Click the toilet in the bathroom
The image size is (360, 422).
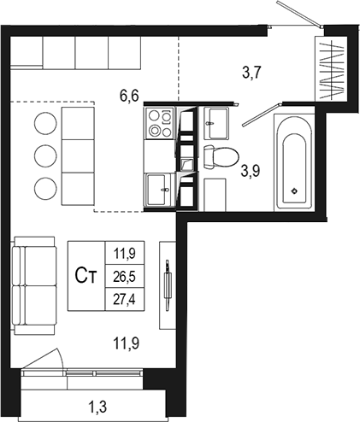click(x=221, y=157)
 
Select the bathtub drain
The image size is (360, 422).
click(x=295, y=191)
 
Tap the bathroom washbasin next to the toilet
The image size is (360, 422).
click(x=216, y=123)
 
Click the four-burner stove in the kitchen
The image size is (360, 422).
click(x=160, y=123)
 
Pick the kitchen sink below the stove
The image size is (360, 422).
click(x=158, y=190)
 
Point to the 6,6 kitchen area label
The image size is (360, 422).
click(x=129, y=96)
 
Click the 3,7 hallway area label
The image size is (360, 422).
click(x=251, y=73)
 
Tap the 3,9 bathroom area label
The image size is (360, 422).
click(x=251, y=171)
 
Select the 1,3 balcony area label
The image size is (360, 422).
click(x=97, y=407)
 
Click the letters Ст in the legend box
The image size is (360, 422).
click(x=86, y=276)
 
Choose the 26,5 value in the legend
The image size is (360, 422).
click(x=125, y=277)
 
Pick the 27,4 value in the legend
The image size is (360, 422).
click(x=125, y=300)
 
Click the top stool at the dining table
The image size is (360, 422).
click(x=45, y=123)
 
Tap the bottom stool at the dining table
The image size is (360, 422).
click(x=45, y=189)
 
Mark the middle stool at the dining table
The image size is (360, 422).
click(x=45, y=155)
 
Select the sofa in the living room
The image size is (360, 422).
click(x=34, y=285)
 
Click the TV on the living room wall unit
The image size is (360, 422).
click(x=168, y=285)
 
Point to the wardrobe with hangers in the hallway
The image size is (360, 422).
click(x=331, y=68)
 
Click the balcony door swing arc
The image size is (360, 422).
click(x=61, y=358)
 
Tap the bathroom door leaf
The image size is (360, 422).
click(x=260, y=115)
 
